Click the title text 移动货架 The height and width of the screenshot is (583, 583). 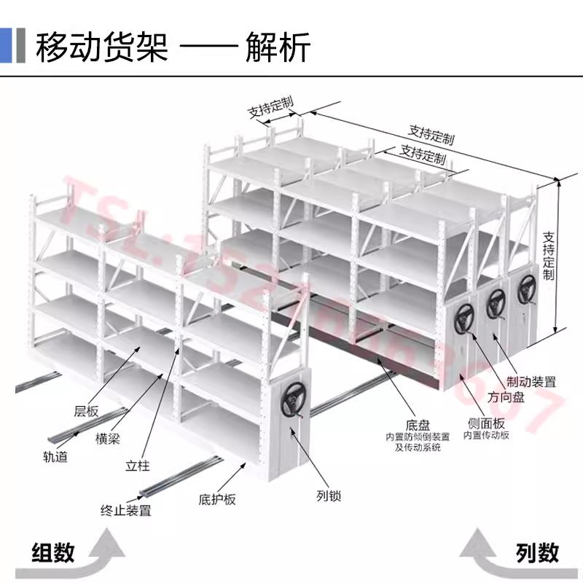(102, 47)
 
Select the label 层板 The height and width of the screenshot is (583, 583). (86, 410)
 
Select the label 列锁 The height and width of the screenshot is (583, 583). (329, 496)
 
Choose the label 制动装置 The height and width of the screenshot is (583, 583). (531, 380)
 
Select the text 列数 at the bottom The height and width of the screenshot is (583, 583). (537, 552)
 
